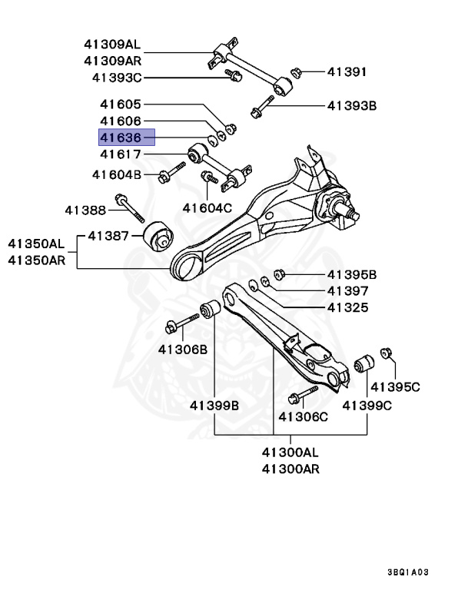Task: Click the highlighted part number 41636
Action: point(126,138)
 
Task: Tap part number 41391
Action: point(347,72)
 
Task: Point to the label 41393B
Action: point(351,105)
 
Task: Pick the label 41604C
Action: point(207,207)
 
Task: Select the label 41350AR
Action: point(37,260)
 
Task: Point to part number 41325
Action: point(347,308)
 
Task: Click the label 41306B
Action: point(183,350)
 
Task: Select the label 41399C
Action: point(367,405)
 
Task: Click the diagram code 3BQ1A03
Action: point(419,572)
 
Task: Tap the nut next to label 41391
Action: point(295,73)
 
